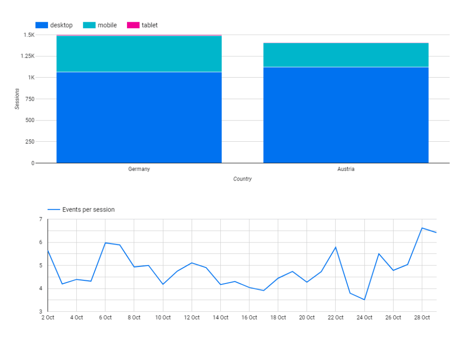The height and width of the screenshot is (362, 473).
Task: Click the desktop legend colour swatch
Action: (42, 25)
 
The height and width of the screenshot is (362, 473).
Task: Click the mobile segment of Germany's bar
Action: (139, 54)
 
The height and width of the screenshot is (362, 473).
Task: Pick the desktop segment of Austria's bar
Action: (346, 115)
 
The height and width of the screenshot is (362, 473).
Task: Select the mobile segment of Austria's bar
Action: (346, 55)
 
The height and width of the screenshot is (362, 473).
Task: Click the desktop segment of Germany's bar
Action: (139, 117)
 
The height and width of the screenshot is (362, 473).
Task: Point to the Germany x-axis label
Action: (139, 169)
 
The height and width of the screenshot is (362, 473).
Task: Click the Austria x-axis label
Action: (346, 169)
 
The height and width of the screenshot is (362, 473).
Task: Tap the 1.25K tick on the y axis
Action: (27, 56)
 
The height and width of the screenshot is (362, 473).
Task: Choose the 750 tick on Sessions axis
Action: (29, 99)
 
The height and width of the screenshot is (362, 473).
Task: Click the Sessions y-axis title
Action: (17, 99)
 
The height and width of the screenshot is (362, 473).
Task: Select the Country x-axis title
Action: (243, 179)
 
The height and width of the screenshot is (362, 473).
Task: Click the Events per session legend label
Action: (88, 210)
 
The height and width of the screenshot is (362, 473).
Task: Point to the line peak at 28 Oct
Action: (422, 228)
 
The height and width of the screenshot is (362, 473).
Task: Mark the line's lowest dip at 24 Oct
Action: (364, 300)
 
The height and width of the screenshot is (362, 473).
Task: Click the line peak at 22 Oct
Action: (335, 247)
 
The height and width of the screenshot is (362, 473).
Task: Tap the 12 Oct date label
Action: (192, 318)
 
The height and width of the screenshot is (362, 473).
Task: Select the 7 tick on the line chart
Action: (41, 219)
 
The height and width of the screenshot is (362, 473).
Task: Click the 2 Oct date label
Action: (48, 318)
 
